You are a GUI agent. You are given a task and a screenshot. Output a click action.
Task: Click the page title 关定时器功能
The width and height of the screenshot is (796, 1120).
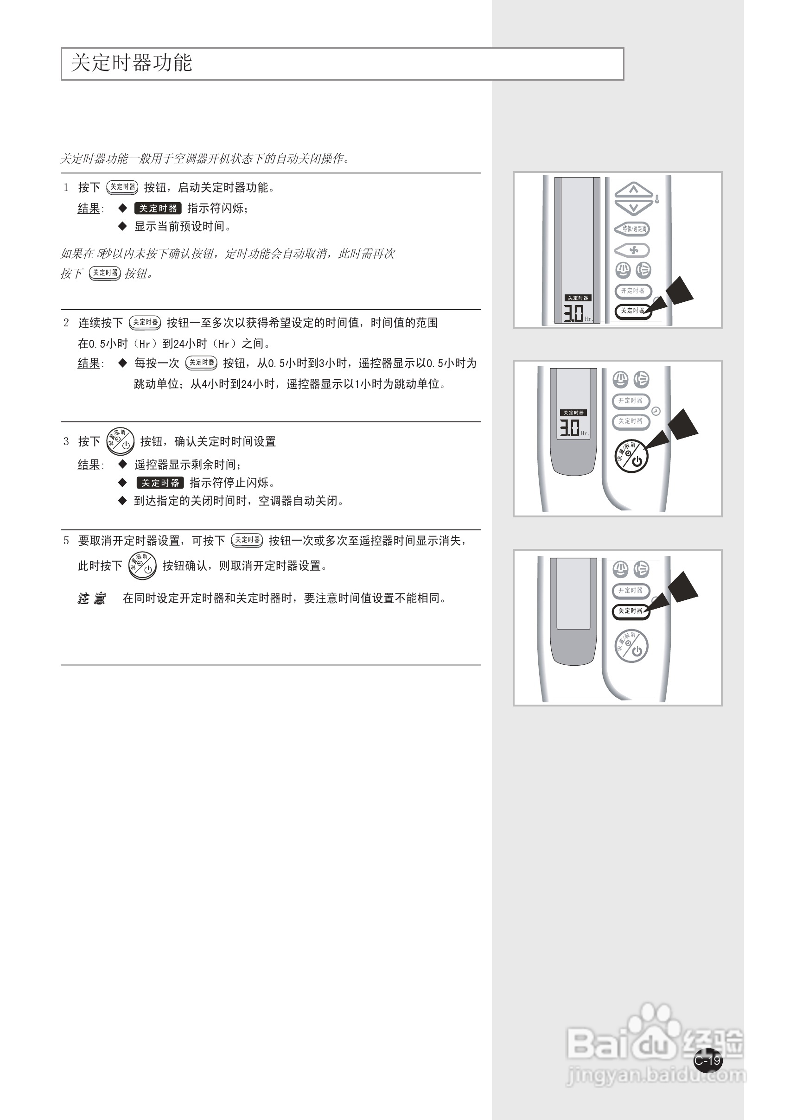click(131, 63)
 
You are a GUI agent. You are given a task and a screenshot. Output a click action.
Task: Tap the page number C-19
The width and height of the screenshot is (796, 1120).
click(708, 1060)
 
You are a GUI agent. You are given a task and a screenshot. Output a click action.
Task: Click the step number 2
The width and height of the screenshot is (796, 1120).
click(66, 323)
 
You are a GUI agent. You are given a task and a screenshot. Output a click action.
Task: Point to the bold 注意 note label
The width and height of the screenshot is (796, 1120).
click(92, 598)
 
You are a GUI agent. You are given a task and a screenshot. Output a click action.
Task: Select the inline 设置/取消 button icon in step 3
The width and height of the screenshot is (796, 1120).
click(120, 441)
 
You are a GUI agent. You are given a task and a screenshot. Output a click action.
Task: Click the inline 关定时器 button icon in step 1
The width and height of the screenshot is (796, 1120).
click(122, 187)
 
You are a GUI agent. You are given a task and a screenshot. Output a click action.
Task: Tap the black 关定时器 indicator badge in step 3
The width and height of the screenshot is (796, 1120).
click(160, 483)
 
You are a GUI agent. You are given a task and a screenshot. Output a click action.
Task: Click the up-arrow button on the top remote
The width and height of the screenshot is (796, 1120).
click(634, 189)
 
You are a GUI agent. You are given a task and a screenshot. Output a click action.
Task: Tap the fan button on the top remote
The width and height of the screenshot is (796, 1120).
click(633, 250)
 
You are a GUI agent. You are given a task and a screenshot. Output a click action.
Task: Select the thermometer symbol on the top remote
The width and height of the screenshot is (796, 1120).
click(657, 199)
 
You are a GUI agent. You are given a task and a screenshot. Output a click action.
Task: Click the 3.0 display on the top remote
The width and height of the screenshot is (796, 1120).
click(573, 313)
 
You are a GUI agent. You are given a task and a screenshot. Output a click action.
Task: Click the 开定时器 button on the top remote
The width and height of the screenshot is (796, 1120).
click(633, 291)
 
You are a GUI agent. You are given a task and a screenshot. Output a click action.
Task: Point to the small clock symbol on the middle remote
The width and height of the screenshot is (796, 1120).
click(656, 411)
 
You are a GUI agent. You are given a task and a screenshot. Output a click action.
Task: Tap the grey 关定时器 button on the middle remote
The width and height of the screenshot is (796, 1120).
click(630, 421)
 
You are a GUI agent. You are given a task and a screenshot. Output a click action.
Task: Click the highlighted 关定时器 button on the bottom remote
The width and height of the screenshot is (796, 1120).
click(630, 611)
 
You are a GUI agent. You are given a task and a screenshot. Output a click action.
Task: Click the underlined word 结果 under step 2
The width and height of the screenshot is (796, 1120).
click(89, 363)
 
